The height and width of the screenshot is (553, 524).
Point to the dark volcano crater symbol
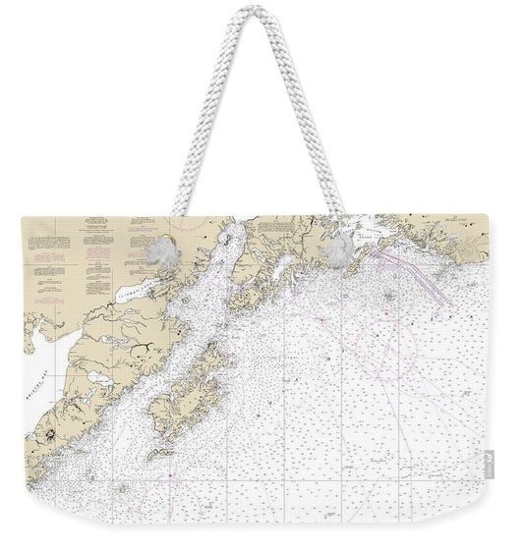43,433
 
